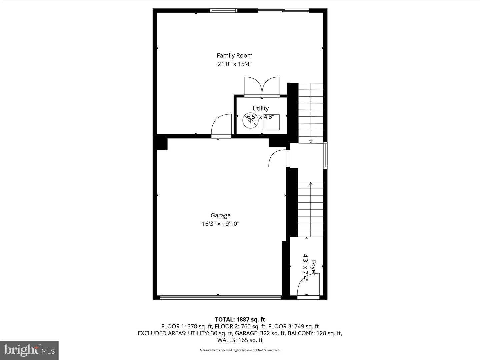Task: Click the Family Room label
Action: coord(234,56)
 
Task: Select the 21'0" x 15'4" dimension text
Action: coord(234,64)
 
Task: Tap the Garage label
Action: coord(220,215)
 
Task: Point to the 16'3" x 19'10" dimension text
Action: coord(220,224)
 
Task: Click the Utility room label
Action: coord(260,108)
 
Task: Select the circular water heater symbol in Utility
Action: coord(249,121)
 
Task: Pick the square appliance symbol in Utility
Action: coord(271,122)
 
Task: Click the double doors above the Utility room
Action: coord(262,87)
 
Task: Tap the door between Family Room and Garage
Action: coord(221,126)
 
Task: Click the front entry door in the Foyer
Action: coord(308,286)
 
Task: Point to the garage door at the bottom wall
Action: coord(220,297)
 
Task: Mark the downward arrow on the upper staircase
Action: coord(311,113)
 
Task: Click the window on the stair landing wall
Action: coord(325,155)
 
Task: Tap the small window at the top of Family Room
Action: coord(224,10)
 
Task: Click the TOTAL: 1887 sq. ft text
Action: coord(240,320)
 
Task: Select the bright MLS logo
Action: coord(29,350)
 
